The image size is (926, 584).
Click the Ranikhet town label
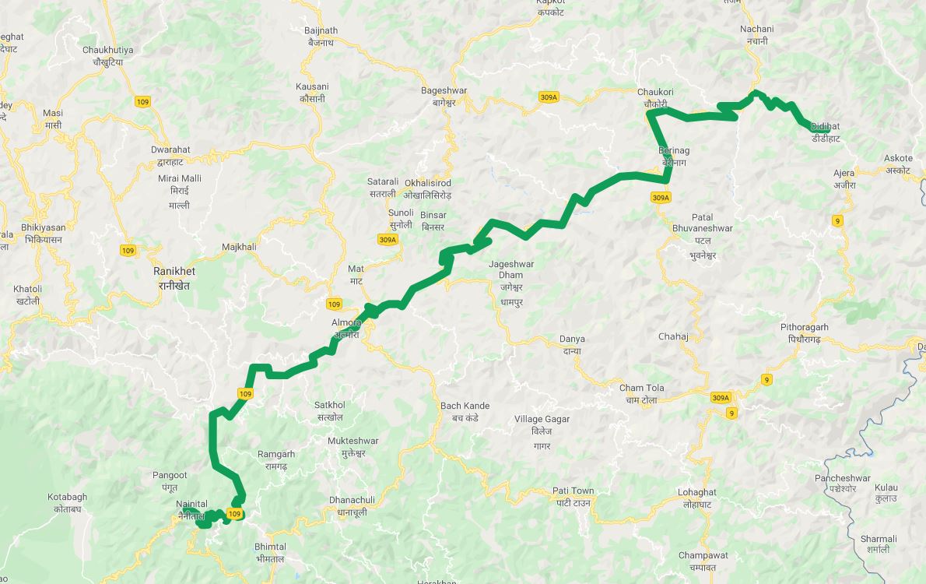tap(174, 272)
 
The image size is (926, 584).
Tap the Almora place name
tap(346, 322)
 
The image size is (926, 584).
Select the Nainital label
tap(191, 505)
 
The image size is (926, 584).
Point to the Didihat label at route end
tap(825, 126)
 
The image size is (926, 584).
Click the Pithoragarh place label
tap(805, 327)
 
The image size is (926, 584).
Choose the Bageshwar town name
tap(444, 90)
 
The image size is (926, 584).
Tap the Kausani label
tap(312, 86)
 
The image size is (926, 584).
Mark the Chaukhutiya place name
tap(107, 50)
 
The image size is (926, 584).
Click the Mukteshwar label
tap(353, 441)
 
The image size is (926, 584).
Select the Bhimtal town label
tap(270, 547)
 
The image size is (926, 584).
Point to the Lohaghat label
tap(696, 492)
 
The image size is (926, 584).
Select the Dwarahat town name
tap(171, 150)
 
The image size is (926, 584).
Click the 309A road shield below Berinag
tap(660, 198)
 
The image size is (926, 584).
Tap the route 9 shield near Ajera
tap(837, 221)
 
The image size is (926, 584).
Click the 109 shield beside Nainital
tap(234, 514)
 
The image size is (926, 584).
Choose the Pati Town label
tap(573, 491)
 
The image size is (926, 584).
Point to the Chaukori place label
tap(655, 92)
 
